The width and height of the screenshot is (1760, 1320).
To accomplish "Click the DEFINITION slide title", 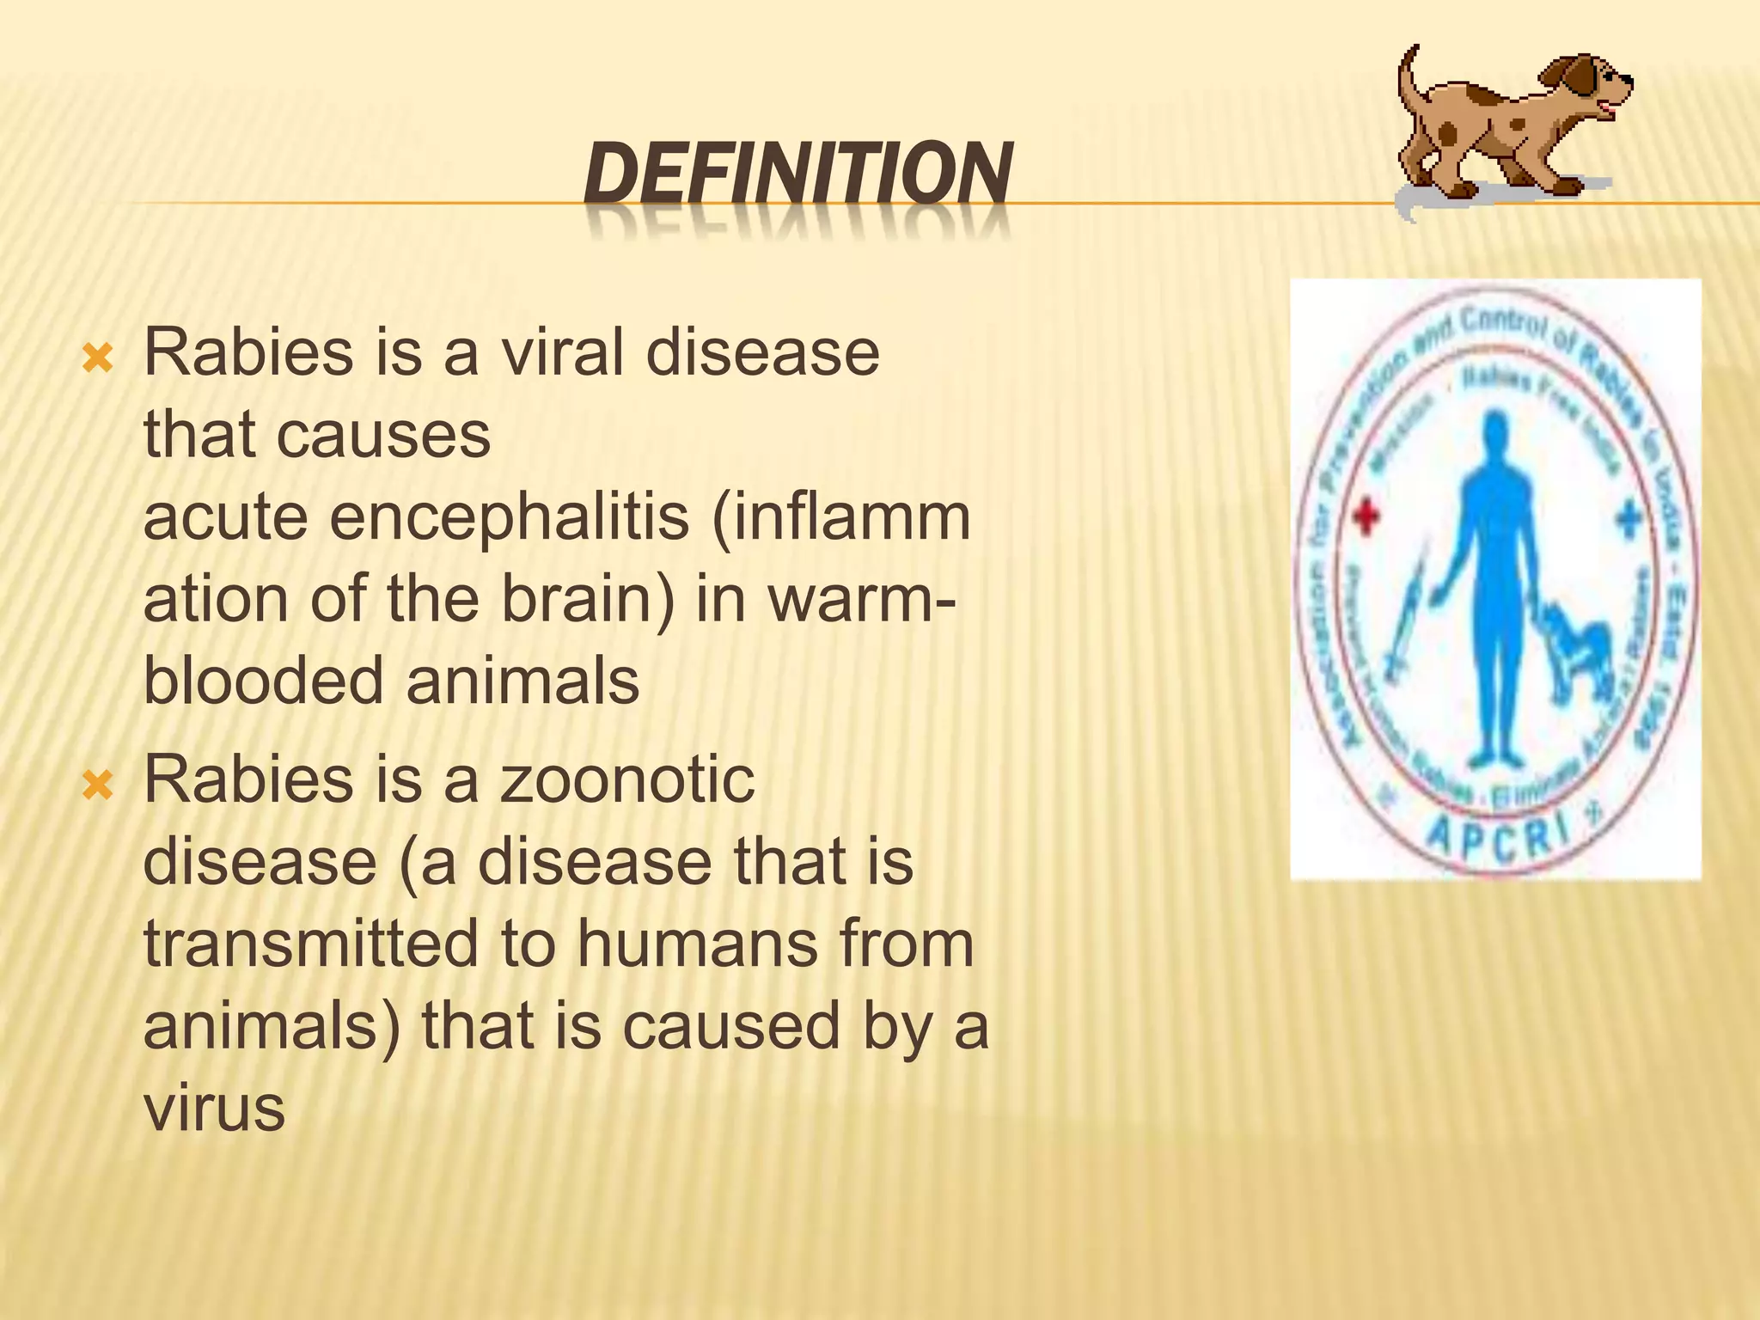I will [797, 174].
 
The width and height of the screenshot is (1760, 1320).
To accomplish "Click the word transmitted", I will [310, 944].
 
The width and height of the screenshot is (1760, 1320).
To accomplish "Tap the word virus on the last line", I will [213, 1109].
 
